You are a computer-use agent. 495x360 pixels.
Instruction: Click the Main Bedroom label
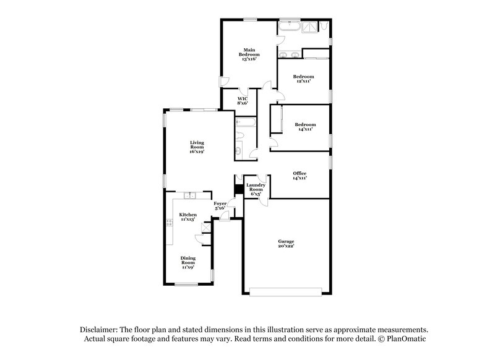(x=250, y=54)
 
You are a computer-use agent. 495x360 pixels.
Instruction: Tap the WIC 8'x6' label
(x=243, y=101)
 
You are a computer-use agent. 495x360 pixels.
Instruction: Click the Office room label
(x=299, y=175)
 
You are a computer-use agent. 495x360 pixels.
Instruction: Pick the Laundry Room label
(x=256, y=189)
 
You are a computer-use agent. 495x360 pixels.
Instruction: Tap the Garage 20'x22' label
(x=285, y=243)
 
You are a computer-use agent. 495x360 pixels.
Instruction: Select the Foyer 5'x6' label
(x=220, y=206)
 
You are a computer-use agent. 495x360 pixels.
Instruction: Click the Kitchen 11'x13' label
(x=188, y=216)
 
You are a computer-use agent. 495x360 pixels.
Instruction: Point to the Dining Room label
(x=188, y=264)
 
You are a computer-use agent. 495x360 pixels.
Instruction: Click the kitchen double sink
(x=189, y=196)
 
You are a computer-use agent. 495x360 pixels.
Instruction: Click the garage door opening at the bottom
(x=285, y=290)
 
